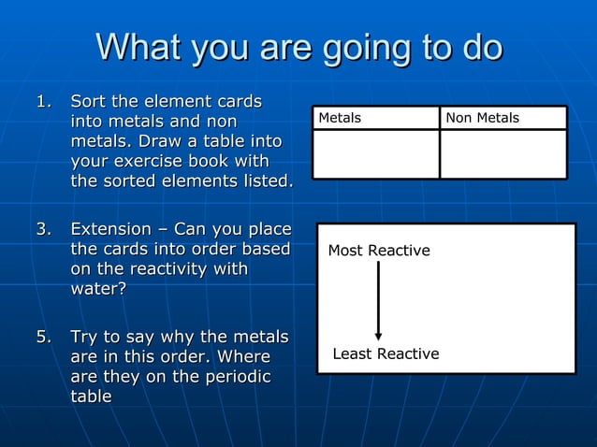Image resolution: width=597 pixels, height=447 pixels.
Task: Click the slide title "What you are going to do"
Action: (298, 48)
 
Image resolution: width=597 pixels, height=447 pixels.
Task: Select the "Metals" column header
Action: (340, 118)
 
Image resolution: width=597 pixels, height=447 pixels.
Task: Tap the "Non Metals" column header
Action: (482, 118)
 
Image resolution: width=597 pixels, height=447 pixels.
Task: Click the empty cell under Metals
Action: (375, 153)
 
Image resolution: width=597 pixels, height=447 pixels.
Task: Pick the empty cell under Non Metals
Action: (503, 153)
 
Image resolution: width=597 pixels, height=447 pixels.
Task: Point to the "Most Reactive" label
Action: (379, 251)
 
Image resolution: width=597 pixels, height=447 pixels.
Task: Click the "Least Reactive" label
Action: (386, 353)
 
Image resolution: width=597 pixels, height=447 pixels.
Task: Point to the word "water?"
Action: (98, 290)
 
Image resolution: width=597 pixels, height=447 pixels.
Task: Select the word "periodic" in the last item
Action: (237, 377)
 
